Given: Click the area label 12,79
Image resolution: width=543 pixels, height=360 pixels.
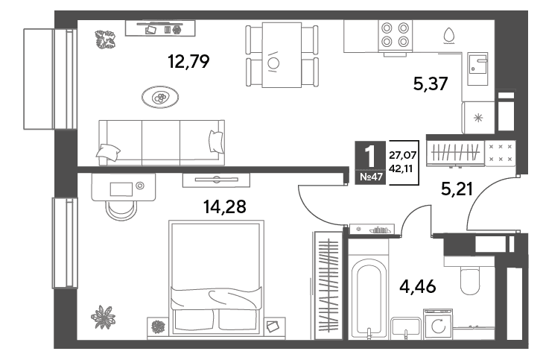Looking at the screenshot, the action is point(188,62).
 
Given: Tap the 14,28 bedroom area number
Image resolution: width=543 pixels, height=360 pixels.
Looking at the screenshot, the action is point(225,207).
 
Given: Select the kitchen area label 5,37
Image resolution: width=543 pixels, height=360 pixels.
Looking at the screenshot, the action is point(431,83).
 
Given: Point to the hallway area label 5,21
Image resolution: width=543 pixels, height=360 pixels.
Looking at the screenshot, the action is point(457,189).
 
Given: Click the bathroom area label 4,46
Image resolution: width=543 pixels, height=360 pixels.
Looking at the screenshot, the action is point(418,286).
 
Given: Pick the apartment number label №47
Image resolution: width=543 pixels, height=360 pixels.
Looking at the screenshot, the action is point(371,177).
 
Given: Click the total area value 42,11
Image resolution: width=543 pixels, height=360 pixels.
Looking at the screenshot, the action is point(401,168).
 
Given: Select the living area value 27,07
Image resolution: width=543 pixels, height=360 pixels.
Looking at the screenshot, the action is point(402,155).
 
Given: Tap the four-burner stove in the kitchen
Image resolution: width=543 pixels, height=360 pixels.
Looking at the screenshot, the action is point(395,36).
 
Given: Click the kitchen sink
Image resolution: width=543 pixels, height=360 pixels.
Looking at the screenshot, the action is point(477,69).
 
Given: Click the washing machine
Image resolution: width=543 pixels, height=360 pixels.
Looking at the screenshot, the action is point(438,324).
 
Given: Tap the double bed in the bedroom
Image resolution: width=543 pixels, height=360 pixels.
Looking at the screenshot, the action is point(216,278).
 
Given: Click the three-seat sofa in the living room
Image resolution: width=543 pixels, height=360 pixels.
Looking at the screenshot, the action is point(162,143).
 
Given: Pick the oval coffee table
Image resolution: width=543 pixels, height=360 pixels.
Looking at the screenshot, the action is point(160,98).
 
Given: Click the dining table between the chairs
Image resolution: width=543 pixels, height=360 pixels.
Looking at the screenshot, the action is point(282,54).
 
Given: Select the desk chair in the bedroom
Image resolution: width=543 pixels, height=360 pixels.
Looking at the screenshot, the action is point(121,210).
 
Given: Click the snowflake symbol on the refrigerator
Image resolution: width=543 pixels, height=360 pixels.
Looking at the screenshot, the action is point(478,119).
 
